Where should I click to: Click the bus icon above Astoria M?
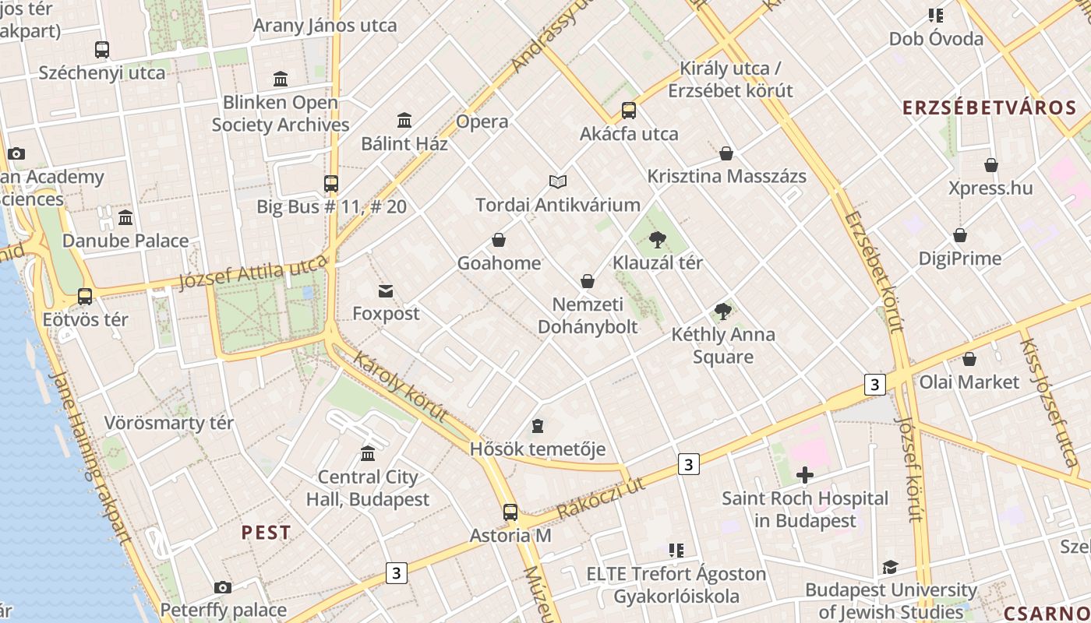(510, 512)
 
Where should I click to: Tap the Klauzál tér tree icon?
(657, 239)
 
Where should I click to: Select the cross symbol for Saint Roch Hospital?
(805, 474)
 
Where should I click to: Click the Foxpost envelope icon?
(386, 291)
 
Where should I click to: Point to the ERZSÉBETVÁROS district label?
(989, 108)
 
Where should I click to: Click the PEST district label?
(266, 533)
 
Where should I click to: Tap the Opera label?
(482, 121)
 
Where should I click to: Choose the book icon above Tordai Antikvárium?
(557, 181)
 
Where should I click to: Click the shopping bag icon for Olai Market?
(969, 359)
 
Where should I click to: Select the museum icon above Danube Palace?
(125, 217)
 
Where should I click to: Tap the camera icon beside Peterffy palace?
(223, 587)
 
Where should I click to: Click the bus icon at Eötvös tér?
(85, 297)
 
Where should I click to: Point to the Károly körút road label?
(400, 387)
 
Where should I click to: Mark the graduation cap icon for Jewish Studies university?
(890, 567)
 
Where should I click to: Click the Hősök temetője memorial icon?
(537, 426)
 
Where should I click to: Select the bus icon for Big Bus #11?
(331, 184)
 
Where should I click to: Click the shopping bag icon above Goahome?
(499, 240)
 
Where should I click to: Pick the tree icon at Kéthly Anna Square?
(722, 311)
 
